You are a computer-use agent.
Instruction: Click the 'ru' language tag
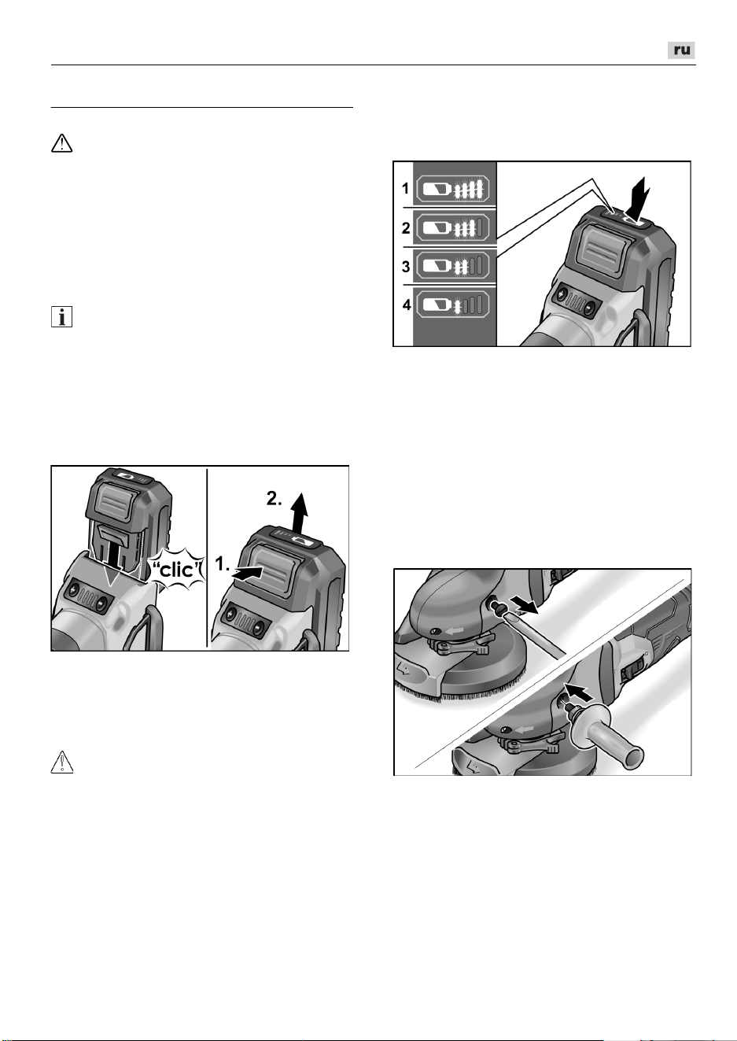[x=681, y=50]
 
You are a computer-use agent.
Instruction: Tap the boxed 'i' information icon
[x=62, y=317]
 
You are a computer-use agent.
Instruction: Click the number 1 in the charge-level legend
[x=405, y=189]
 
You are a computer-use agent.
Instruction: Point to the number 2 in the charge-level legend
[x=406, y=228]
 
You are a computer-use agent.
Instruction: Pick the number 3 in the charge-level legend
[x=406, y=267]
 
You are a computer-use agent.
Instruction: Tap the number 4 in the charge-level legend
[x=407, y=305]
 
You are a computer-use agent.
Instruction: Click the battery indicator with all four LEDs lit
[x=452, y=189]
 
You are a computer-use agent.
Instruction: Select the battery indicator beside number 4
[x=452, y=305]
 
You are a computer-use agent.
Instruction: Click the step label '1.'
[x=222, y=564]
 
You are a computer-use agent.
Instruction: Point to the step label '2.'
[x=275, y=499]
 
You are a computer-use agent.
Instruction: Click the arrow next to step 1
[x=246, y=573]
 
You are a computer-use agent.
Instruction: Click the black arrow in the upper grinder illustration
[x=523, y=606]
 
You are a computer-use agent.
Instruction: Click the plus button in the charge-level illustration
[x=562, y=294]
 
